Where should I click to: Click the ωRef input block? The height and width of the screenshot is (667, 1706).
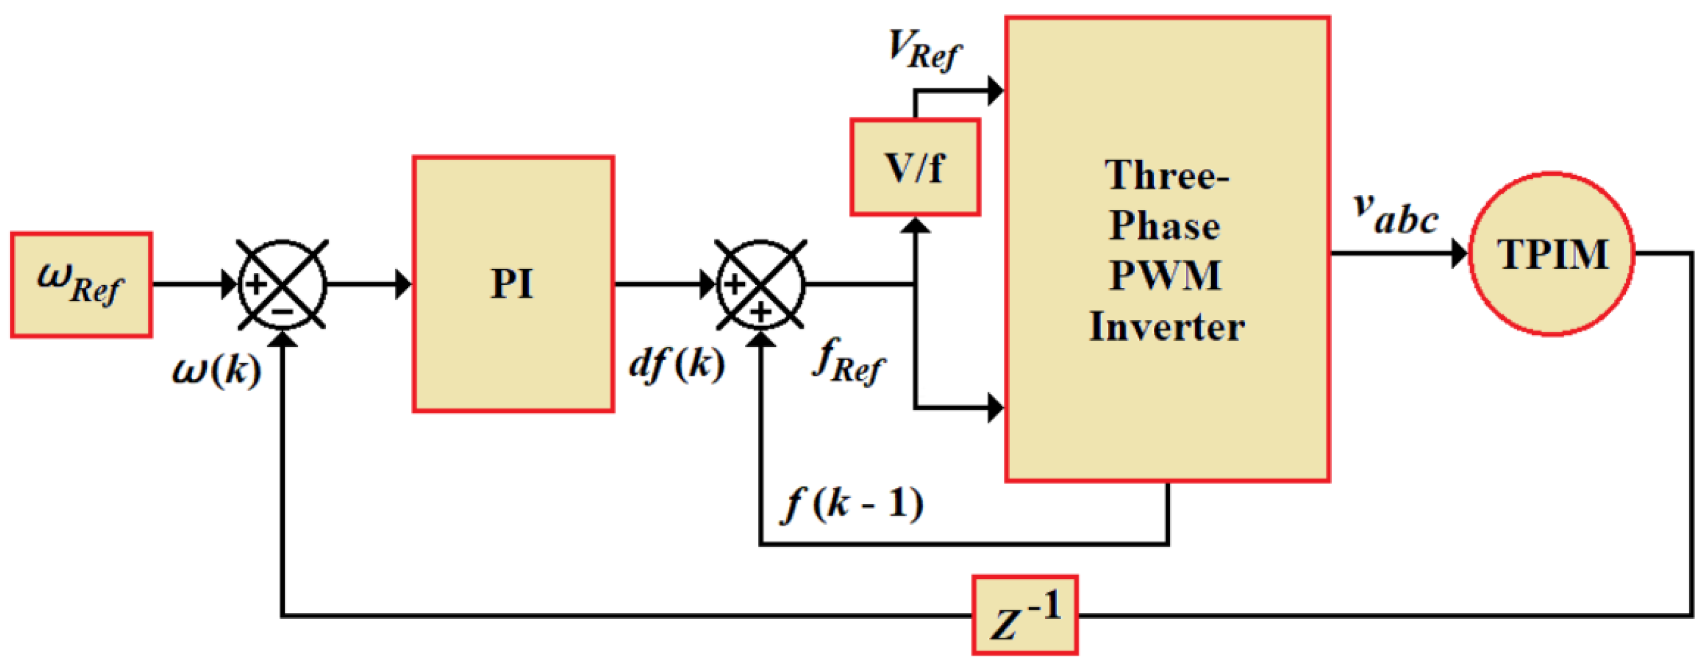(81, 285)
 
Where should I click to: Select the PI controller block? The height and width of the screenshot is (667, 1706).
(513, 285)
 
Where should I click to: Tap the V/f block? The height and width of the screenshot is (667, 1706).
(914, 167)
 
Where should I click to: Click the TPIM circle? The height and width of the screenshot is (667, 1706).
(1552, 254)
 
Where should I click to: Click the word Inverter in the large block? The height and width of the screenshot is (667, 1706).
(1167, 327)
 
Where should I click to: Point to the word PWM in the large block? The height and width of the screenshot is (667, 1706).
(1166, 275)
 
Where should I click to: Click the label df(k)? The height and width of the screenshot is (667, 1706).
(676, 365)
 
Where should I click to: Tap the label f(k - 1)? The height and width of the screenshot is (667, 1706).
(854, 505)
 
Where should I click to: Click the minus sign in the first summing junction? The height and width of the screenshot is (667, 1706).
(283, 311)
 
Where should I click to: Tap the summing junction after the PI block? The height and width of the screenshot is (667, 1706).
(761, 285)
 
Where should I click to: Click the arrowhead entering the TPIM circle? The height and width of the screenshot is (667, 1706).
(1459, 253)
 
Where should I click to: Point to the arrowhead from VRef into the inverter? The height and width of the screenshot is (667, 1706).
(995, 91)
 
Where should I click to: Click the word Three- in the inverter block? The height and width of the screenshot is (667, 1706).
(1167, 176)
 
